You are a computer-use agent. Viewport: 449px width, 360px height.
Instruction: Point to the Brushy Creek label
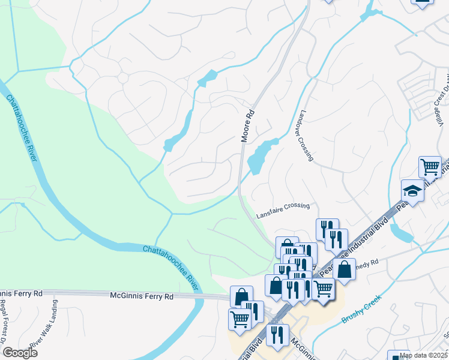361,309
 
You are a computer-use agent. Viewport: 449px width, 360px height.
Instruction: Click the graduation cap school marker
412,191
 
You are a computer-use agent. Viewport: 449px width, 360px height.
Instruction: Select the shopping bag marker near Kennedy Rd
345,269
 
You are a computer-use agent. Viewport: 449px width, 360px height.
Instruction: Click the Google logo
19,352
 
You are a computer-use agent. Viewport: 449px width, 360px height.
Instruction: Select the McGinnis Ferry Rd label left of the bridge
142,296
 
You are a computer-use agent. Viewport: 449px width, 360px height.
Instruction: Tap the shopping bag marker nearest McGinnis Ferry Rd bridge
241,296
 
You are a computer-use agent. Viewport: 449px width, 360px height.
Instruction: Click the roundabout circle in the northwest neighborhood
124,78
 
